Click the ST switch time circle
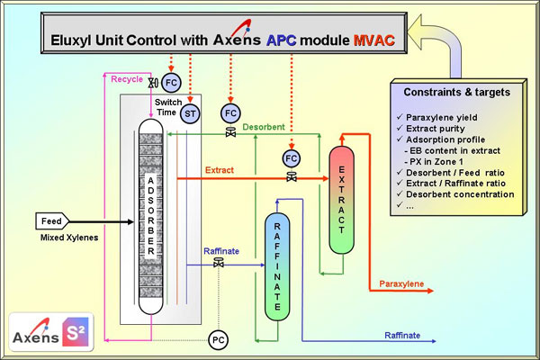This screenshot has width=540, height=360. pos(189,113)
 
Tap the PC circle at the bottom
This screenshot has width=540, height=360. pos(217,339)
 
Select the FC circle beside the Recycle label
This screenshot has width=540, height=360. pos(171,83)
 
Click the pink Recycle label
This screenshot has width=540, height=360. pos(127,80)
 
